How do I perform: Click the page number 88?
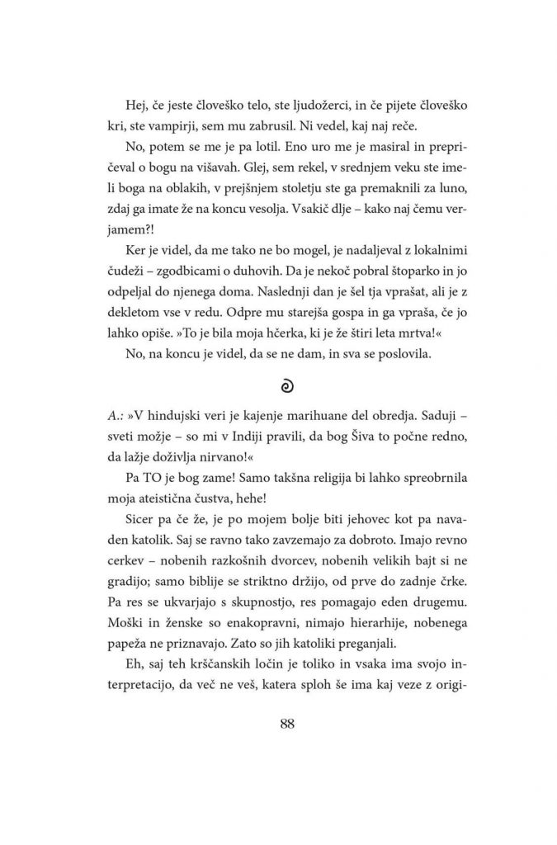click(x=287, y=725)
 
